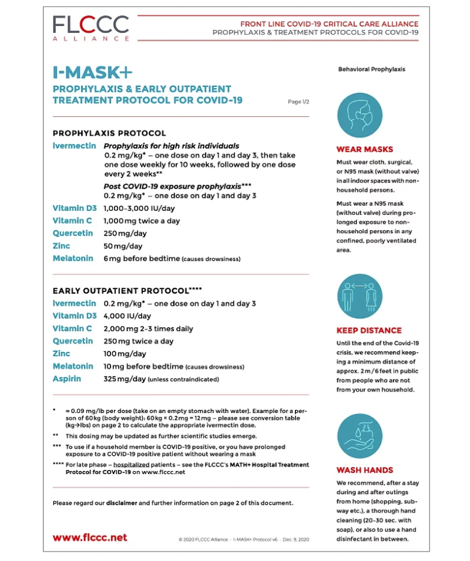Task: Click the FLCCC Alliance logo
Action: (x=90, y=28)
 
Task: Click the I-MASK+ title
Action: (x=92, y=72)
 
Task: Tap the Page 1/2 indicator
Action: (x=298, y=102)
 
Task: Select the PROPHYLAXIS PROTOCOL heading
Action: (x=109, y=133)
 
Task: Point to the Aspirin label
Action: (x=67, y=379)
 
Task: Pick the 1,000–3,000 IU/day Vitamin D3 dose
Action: (x=139, y=209)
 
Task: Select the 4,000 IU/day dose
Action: (x=127, y=316)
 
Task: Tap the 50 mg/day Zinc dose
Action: (x=125, y=246)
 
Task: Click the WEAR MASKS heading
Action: (x=365, y=149)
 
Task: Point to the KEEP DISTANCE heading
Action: (x=369, y=330)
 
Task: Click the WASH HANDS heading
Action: (x=365, y=470)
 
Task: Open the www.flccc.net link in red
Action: (x=90, y=538)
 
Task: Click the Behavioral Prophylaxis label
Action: (x=371, y=69)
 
